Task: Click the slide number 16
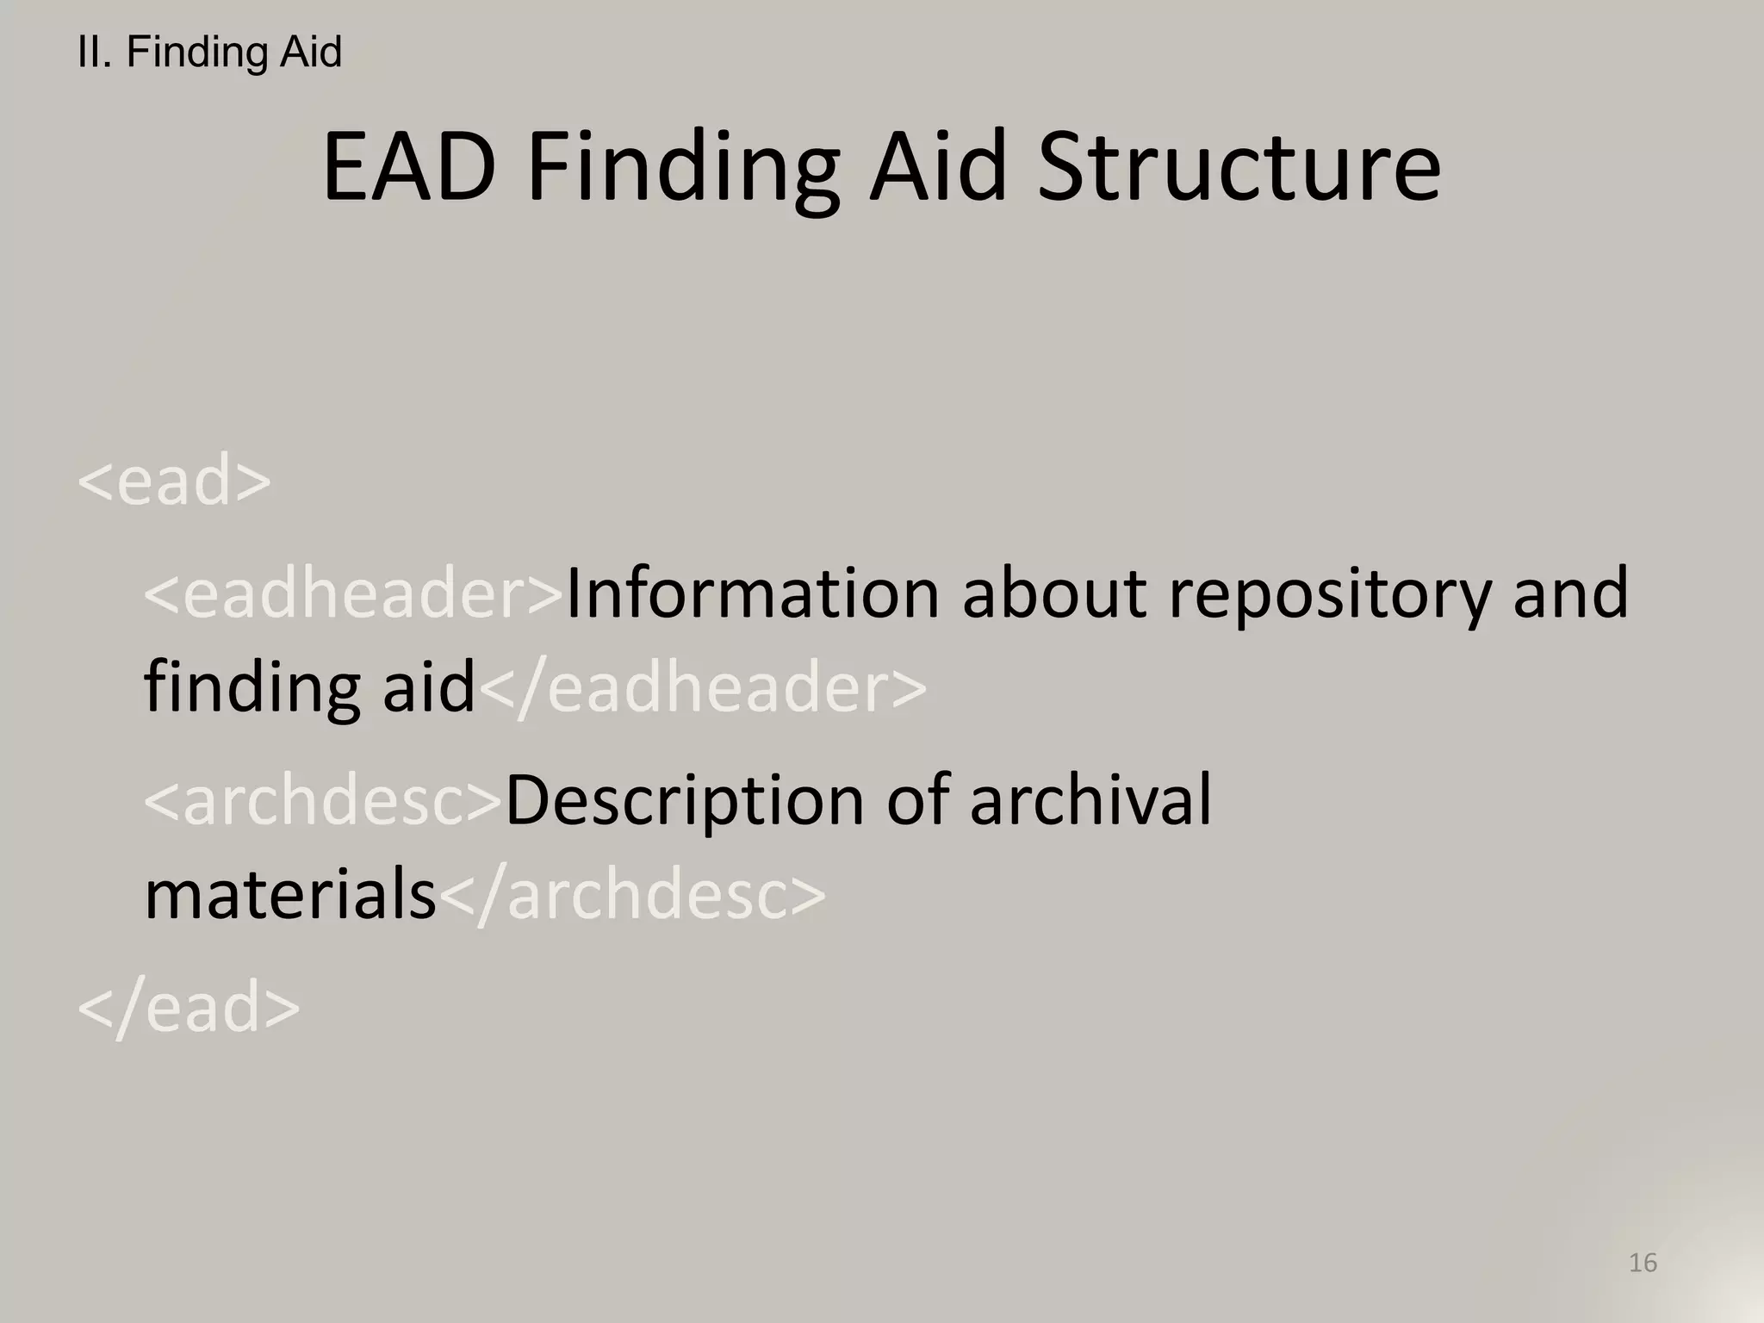pos(1643,1263)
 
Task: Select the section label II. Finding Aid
pos(209,52)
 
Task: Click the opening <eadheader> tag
pos(353,593)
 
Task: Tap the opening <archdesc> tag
pos(323,800)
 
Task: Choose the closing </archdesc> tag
pos(632,895)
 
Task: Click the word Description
pos(685,802)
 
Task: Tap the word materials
pos(290,895)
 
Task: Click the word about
pos(1054,593)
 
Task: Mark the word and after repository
pos(1570,593)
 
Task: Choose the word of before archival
pos(918,800)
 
